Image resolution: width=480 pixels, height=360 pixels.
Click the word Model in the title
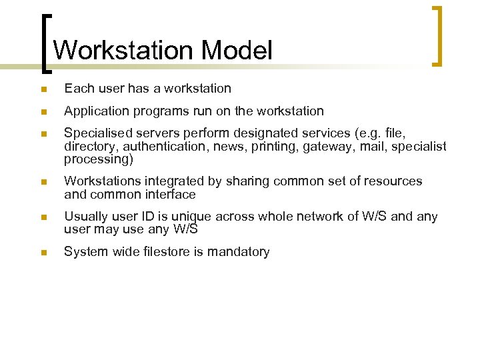point(237,51)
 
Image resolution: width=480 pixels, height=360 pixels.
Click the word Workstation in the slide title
point(123,51)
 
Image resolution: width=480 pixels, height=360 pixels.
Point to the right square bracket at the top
point(437,36)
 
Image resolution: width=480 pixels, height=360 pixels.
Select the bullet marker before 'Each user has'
point(43,89)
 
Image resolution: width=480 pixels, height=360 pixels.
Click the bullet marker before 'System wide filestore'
point(43,253)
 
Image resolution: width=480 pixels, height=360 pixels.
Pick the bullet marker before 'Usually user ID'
point(43,217)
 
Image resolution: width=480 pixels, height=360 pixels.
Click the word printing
point(273,147)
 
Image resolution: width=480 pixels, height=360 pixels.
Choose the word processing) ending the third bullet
point(99,159)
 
